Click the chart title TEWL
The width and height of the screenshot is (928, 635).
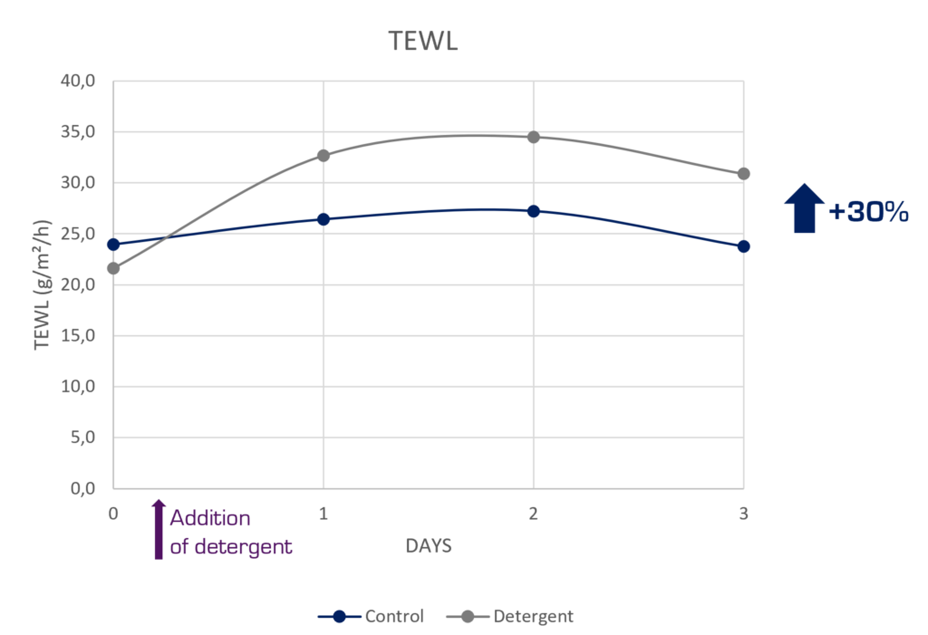click(424, 41)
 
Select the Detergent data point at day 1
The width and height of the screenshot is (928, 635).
click(324, 156)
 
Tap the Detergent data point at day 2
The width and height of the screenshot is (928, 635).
click(534, 137)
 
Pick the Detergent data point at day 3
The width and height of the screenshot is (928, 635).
click(744, 174)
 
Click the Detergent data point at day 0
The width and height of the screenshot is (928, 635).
click(113, 268)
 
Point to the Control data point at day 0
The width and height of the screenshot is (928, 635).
click(113, 244)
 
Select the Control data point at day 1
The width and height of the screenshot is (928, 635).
click(324, 219)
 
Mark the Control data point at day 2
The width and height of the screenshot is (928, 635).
click(534, 211)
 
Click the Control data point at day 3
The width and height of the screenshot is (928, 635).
click(744, 246)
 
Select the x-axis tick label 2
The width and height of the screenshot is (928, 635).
click(534, 514)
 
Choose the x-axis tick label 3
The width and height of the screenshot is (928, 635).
click(744, 514)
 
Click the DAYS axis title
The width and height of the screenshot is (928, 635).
click(429, 546)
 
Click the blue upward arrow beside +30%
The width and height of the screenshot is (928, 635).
click(804, 208)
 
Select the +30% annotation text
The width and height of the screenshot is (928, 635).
click(868, 213)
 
